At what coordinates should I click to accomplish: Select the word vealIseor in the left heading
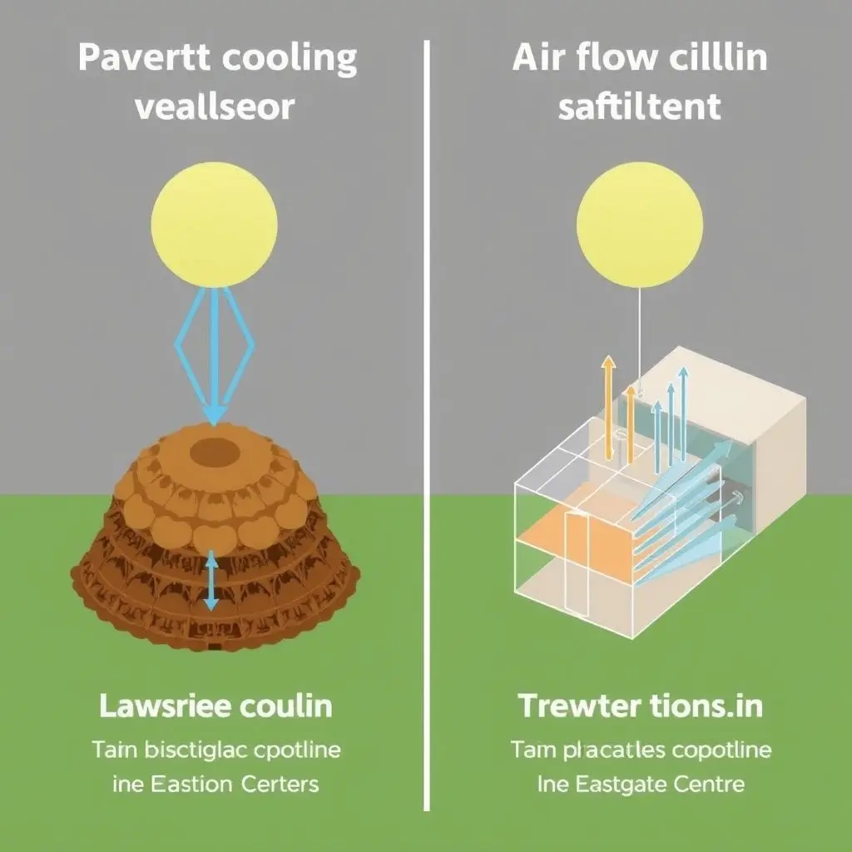[214, 108]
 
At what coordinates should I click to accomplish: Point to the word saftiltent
[639, 108]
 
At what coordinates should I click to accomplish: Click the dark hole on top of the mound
[215, 453]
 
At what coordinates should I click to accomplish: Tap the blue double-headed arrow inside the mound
[211, 579]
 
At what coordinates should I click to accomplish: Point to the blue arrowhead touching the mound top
[214, 414]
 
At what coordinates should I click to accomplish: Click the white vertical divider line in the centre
[427, 416]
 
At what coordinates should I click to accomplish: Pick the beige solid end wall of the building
[774, 466]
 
